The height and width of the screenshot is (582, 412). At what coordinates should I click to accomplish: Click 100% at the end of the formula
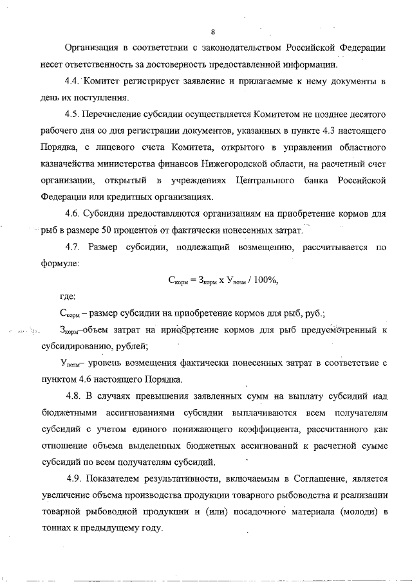click(267, 280)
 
